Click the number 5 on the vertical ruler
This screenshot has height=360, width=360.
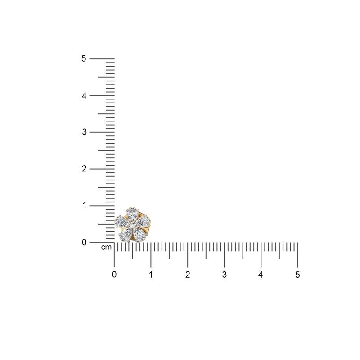pyautogui.click(x=84, y=58)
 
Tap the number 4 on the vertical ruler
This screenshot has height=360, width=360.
pyautogui.click(x=84, y=96)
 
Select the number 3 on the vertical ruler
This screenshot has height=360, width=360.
pyautogui.click(x=84, y=132)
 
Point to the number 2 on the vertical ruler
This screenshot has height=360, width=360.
pyautogui.click(x=84, y=169)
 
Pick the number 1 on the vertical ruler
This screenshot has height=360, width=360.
pyautogui.click(x=85, y=205)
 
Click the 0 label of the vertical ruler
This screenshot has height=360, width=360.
pyautogui.click(x=84, y=242)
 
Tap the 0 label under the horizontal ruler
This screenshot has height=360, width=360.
pyautogui.click(x=114, y=274)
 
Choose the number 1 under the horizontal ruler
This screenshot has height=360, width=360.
pyautogui.click(x=151, y=274)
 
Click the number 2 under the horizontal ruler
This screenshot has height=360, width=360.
pyautogui.click(x=188, y=274)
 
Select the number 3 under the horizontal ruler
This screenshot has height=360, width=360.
pyautogui.click(x=224, y=274)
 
